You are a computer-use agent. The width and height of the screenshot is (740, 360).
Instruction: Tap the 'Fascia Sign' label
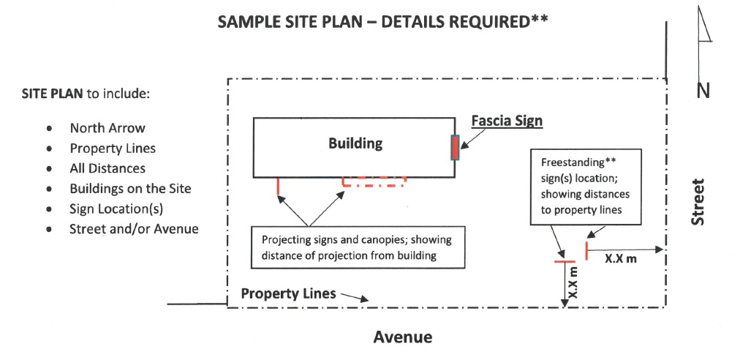coord(507,121)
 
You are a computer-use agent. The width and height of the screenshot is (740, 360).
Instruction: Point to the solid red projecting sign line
coord(279,187)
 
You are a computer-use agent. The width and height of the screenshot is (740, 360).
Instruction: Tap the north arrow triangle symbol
coord(704,26)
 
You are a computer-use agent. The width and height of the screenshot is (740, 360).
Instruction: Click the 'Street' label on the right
coord(701,202)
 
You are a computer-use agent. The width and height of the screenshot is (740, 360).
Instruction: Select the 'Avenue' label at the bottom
coord(403,337)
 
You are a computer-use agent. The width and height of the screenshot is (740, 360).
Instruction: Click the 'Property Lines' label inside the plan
coord(288,293)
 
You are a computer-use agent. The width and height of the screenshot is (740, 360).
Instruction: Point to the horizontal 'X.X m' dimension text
coord(621,258)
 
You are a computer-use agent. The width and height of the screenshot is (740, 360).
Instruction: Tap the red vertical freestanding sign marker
coord(586,250)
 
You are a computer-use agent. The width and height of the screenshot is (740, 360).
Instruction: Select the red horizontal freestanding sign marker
coord(564,261)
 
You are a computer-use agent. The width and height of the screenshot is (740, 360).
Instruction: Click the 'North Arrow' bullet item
coord(107,128)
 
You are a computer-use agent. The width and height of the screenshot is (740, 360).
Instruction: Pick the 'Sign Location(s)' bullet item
coord(116,209)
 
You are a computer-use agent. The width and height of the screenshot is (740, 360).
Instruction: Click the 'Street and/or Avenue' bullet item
coord(134,228)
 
